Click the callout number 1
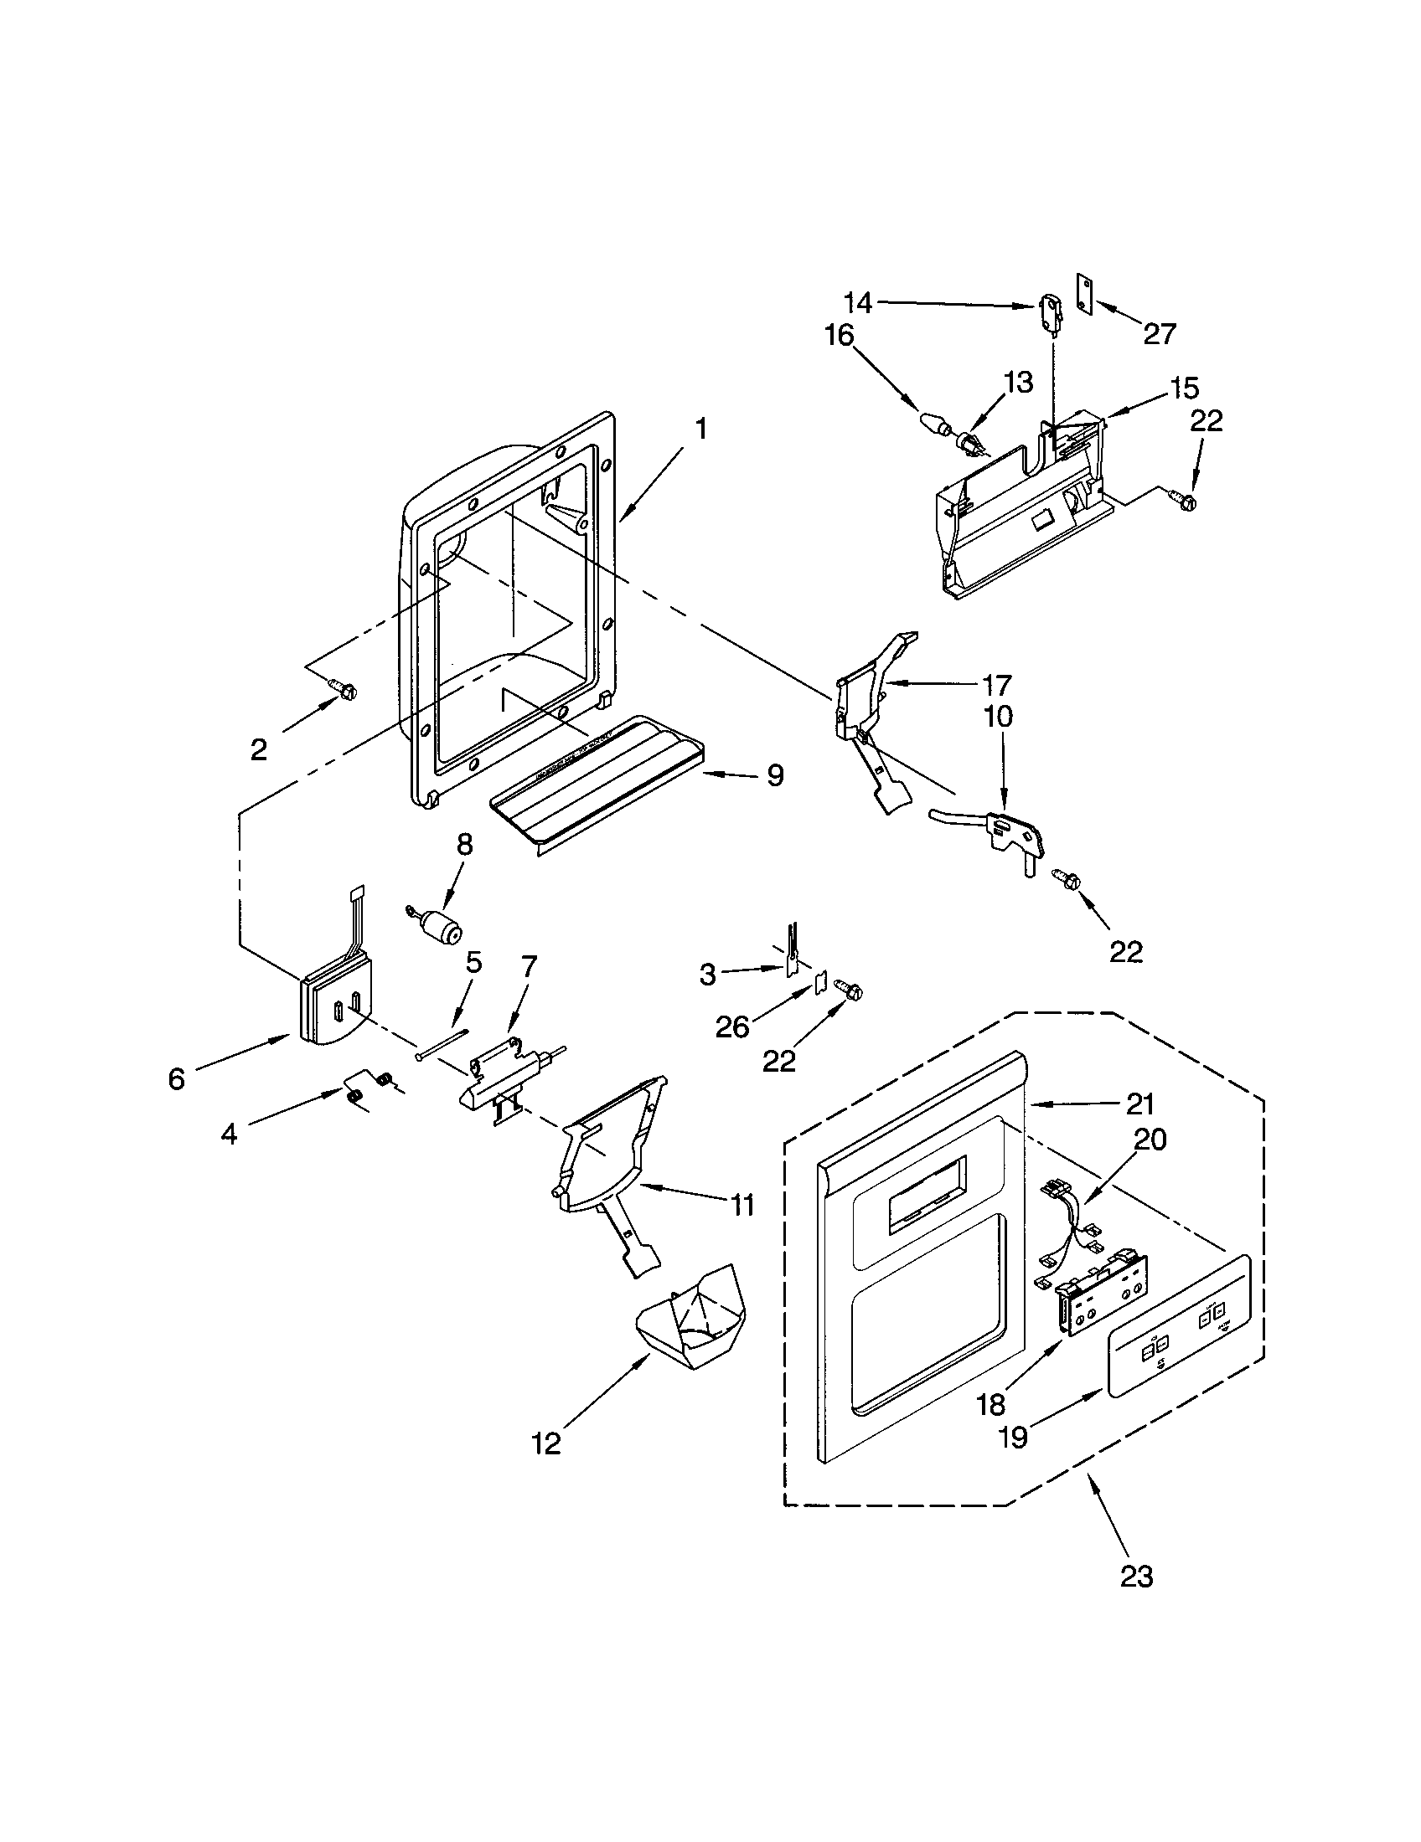pos(700,430)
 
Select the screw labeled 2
pos(344,689)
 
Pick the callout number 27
pos(1160,334)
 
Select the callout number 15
pos(1184,388)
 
